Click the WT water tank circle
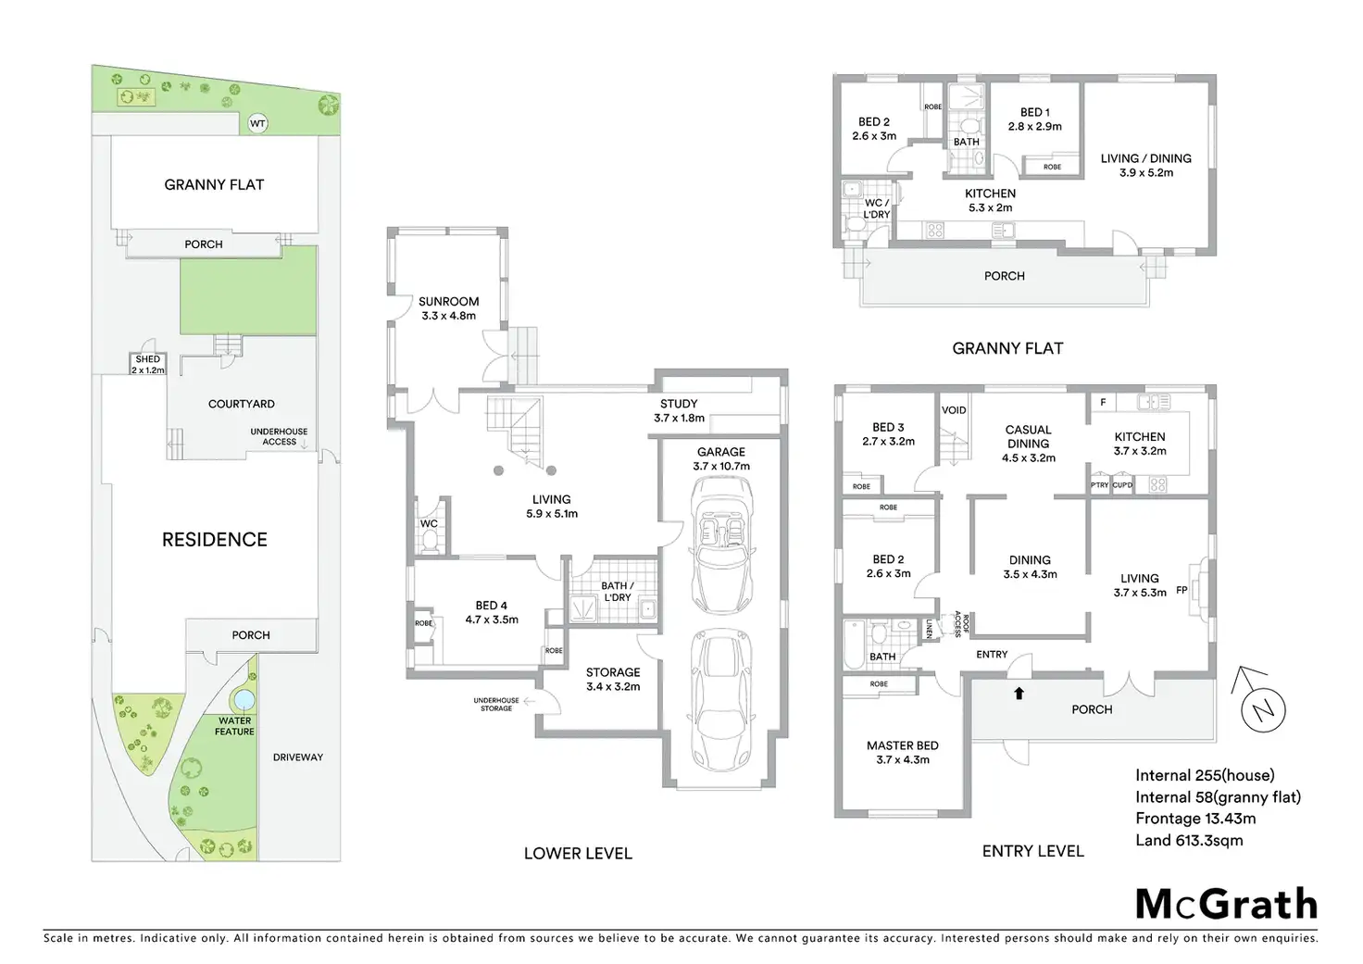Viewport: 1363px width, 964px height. pyautogui.click(x=257, y=123)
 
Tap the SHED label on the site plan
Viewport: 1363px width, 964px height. pyautogui.click(x=148, y=359)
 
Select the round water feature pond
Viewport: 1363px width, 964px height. pyautogui.click(x=243, y=697)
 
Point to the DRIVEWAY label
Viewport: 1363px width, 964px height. pyautogui.click(x=298, y=757)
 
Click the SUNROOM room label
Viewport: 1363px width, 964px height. pyautogui.click(x=449, y=302)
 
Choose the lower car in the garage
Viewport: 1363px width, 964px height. pyautogui.click(x=720, y=700)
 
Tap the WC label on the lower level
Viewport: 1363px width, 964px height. pyautogui.click(x=429, y=524)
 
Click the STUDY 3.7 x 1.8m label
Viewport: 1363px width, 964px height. pyautogui.click(x=679, y=410)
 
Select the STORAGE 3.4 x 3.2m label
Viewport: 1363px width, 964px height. pyautogui.click(x=613, y=679)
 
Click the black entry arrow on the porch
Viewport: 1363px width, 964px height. pyautogui.click(x=1019, y=693)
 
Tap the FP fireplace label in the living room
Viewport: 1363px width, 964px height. pyautogui.click(x=1182, y=590)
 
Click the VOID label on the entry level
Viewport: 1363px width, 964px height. pyautogui.click(x=954, y=410)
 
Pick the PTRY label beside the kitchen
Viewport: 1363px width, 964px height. pyautogui.click(x=1099, y=485)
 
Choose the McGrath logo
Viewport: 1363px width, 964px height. pyautogui.click(x=1226, y=904)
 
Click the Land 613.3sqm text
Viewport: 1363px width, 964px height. pyautogui.click(x=1189, y=840)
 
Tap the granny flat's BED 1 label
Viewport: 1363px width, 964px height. pyautogui.click(x=1034, y=112)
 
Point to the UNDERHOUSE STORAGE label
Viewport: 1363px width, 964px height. pyautogui.click(x=496, y=705)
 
